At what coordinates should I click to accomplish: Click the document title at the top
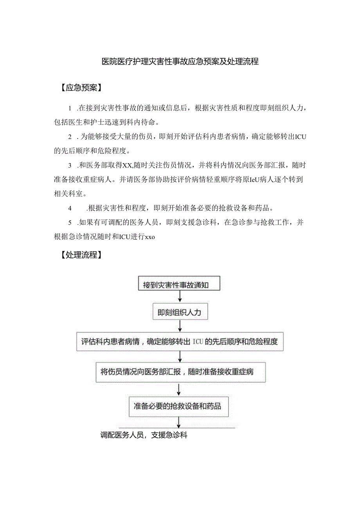180,61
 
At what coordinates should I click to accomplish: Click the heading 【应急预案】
81,88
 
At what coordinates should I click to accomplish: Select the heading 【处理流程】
81,255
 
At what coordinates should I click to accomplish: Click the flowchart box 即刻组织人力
180,313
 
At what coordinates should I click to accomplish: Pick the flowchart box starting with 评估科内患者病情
180,342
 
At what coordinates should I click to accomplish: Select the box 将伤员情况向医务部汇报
180,372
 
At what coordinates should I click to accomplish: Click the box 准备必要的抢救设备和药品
179,406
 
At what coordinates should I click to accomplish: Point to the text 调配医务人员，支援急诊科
144,435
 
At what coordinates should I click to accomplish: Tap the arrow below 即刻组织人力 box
180,326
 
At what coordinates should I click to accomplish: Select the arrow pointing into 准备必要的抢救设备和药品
179,390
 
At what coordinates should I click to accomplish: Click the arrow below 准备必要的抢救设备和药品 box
179,422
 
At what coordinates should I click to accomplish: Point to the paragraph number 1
70,108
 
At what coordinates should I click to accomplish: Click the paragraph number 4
70,207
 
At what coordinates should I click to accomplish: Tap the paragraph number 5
70,222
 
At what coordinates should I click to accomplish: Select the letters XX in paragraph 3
128,166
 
